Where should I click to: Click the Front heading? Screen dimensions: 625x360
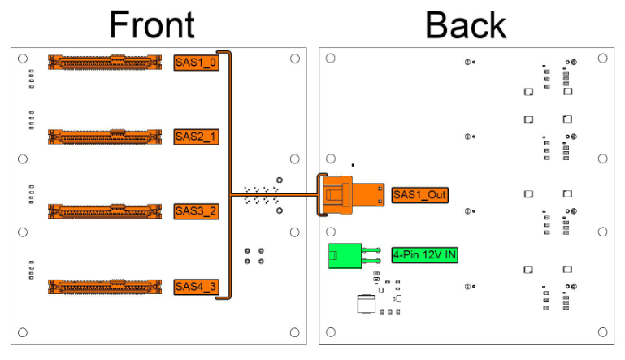click(152, 24)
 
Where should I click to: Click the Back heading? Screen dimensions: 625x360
click(466, 24)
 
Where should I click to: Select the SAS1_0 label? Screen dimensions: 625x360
click(196, 63)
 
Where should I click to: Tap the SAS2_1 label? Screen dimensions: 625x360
click(196, 137)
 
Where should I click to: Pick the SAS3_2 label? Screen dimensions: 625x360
click(196, 211)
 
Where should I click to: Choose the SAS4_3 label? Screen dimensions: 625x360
click(196, 287)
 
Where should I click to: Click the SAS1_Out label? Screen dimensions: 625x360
click(419, 195)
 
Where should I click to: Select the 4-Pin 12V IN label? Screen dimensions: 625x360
click(424, 255)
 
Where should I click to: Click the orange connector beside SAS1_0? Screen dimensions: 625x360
click(105, 63)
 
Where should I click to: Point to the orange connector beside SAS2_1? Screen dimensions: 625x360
click(105, 137)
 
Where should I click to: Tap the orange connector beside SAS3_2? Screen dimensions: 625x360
click(105, 211)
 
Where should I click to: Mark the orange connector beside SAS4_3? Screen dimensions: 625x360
click(105, 287)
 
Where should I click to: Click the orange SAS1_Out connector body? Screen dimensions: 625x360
click(354, 195)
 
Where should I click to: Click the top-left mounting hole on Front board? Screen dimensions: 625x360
click(23, 59)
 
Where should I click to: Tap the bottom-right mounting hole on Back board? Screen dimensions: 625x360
click(603, 332)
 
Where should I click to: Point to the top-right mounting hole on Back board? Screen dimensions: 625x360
click(603, 59)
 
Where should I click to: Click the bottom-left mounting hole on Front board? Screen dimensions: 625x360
click(23, 332)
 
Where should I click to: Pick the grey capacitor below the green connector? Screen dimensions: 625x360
click(367, 304)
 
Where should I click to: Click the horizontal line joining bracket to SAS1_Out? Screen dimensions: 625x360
click(274, 195)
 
